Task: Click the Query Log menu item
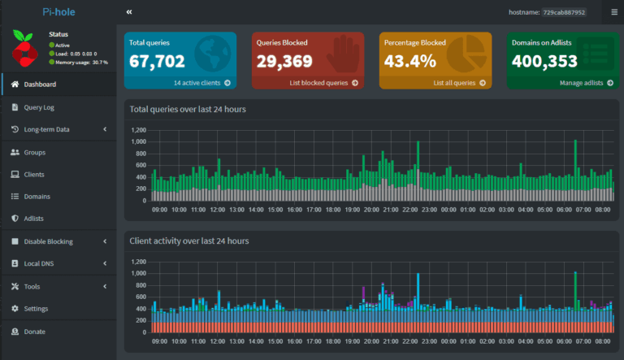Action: (39, 107)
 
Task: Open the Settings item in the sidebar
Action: (36, 309)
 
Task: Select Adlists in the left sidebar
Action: (33, 219)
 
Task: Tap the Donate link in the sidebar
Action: (34, 332)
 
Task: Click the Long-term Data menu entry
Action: (46, 129)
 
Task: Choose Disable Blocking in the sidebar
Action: (48, 241)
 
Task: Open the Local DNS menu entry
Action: (40, 264)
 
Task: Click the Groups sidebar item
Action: (34, 152)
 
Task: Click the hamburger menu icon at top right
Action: (614, 12)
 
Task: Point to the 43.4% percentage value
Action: (410, 61)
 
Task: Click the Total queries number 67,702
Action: (157, 61)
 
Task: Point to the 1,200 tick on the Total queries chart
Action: (137, 130)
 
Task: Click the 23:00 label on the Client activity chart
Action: (429, 342)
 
